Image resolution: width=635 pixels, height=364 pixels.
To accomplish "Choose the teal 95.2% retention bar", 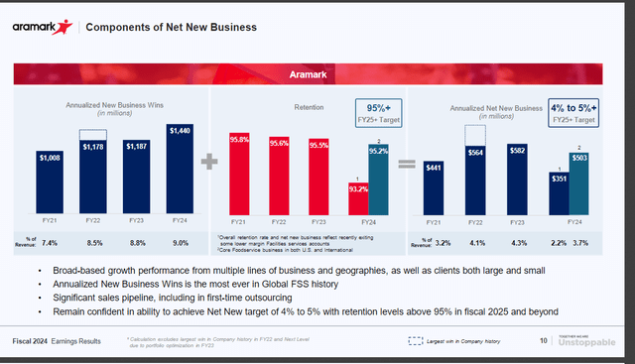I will [x=379, y=179].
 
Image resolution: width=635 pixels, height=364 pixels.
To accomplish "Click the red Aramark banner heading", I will [x=316, y=73].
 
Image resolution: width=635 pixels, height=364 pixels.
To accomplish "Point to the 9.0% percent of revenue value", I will [x=181, y=241].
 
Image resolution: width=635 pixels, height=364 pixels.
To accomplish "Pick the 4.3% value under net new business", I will [x=516, y=241].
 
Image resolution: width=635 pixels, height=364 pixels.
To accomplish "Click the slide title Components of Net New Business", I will [x=159, y=26].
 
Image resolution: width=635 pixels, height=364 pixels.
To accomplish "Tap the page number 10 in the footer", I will [x=544, y=340].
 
